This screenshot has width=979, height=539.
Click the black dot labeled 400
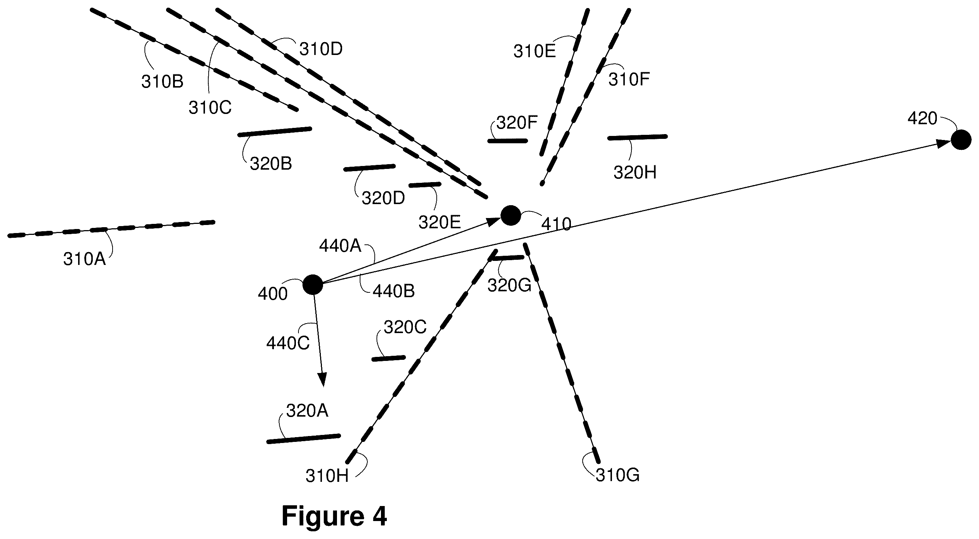point(313,284)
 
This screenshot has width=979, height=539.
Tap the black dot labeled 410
point(510,215)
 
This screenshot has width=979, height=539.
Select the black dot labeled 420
point(961,140)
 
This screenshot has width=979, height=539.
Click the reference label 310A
point(84,259)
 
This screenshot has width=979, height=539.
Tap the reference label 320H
point(635,173)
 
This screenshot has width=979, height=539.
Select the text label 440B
point(393,291)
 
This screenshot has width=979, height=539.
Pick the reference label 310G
point(617,476)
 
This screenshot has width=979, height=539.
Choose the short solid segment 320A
point(304,439)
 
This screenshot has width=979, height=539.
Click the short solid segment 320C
point(388,358)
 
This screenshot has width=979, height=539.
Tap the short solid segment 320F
point(507,141)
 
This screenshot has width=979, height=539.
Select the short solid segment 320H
point(638,137)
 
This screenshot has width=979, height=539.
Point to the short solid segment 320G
point(507,258)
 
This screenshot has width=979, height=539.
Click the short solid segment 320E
point(425,185)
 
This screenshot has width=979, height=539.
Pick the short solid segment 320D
point(369,168)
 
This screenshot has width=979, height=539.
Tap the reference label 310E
point(535,51)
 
